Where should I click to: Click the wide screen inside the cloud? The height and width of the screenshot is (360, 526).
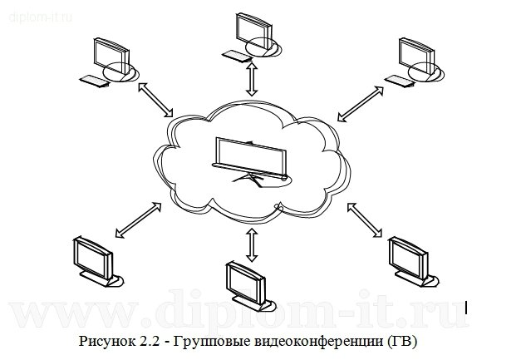[x=250, y=155]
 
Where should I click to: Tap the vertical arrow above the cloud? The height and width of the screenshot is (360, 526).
[x=252, y=81]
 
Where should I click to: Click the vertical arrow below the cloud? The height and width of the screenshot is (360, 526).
[x=252, y=243]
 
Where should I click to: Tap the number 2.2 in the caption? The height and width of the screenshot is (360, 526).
[x=149, y=342]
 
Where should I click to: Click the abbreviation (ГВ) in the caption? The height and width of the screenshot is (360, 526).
[x=398, y=342]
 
